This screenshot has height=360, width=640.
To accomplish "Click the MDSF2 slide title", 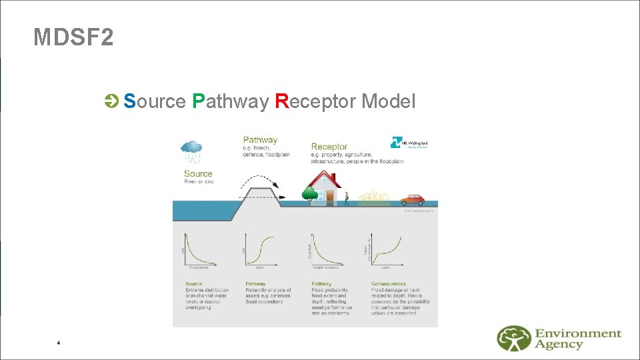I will tap(73, 37).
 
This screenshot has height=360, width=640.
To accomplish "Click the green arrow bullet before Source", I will tap(111, 101).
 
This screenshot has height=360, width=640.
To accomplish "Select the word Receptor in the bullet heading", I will tap(315, 101).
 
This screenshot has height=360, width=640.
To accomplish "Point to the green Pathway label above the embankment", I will tap(260, 140).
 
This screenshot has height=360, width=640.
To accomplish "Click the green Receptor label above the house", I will tap(329, 146).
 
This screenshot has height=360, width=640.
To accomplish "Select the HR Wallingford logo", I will tap(409, 143).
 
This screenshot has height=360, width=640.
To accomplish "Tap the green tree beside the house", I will tap(309, 194).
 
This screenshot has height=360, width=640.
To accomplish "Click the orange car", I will tap(412, 199).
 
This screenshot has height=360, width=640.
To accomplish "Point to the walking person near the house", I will tap(346, 197).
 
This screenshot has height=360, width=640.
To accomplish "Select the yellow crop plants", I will tap(373, 197).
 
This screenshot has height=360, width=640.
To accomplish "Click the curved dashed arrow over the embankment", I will tap(260, 183).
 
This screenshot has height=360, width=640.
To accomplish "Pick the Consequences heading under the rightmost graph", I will tap(389, 284).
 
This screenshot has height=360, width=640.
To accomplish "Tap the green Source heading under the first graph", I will tap(194, 284).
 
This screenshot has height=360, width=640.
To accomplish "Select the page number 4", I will tap(59, 343).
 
